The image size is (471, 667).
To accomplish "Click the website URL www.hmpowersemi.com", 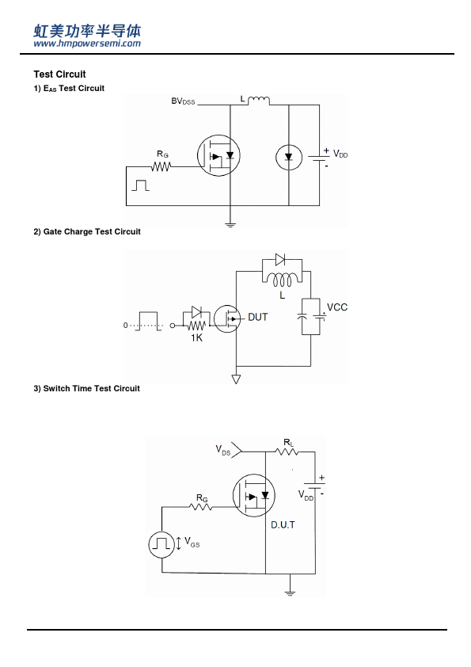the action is point(87,44).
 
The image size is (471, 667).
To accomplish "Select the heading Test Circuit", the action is point(60,74).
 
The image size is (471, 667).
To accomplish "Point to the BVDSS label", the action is point(183,101).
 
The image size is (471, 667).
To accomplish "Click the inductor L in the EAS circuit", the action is point(258,101).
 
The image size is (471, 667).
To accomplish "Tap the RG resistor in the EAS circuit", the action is point(161,166).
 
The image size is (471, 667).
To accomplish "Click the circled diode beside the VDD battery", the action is point(289,158).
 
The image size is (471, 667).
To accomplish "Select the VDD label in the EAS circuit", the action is point(340,154).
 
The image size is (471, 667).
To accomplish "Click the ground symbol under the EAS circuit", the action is point(230,224).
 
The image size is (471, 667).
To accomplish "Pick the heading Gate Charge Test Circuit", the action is point(87,232).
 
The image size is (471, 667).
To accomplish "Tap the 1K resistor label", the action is point(196,338).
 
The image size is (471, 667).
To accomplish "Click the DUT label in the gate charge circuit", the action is point(257,318).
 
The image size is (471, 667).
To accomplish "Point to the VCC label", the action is point(337,307).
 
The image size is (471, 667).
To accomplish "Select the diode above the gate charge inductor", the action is point(280,259).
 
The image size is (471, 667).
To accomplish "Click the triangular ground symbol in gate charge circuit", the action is point(236,379).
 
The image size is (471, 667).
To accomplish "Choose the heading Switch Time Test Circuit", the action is point(87,388).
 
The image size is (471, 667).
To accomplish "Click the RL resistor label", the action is point(289,443).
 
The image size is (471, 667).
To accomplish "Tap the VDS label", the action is point(223,451).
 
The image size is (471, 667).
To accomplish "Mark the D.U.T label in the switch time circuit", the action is point(283,525).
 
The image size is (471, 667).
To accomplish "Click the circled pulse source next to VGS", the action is point(161,544).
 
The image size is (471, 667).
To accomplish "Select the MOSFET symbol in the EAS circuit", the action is point(218,155).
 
